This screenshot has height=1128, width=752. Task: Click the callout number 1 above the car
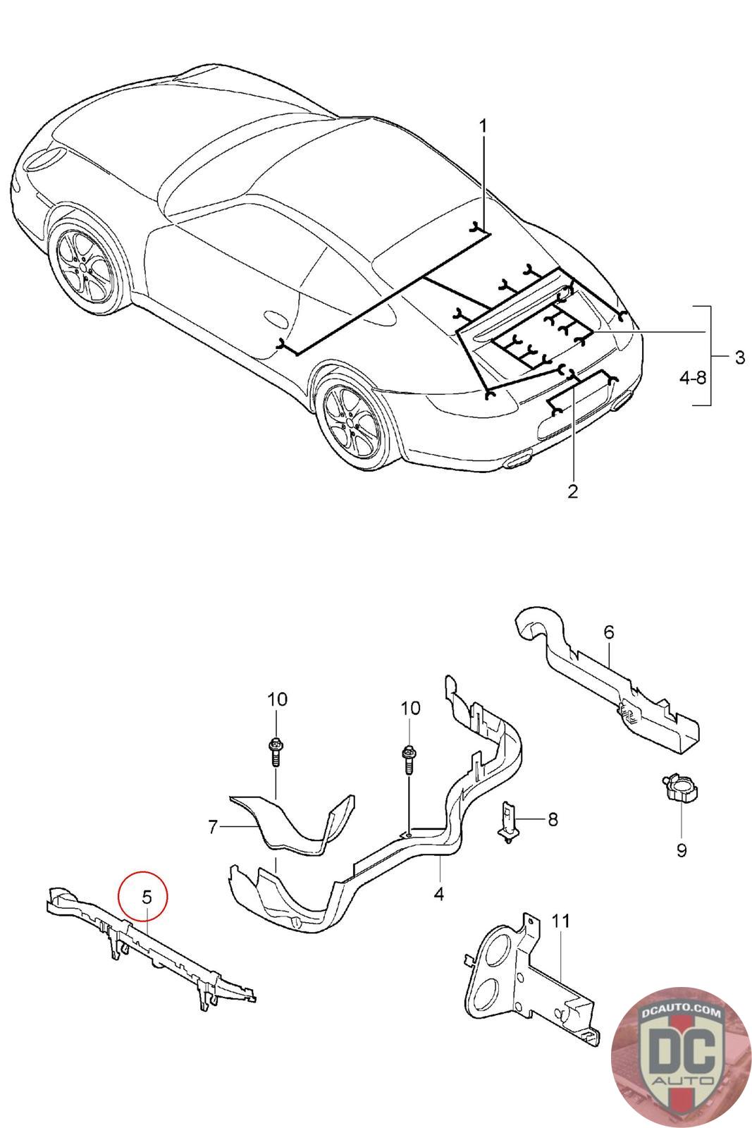(x=483, y=126)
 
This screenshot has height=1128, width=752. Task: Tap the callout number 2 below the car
(x=572, y=491)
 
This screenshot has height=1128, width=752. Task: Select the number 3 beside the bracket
(x=739, y=357)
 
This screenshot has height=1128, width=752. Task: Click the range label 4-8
(x=693, y=378)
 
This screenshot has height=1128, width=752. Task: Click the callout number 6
(x=609, y=632)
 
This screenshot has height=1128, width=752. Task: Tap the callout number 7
(x=213, y=827)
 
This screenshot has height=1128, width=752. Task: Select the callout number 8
(x=553, y=819)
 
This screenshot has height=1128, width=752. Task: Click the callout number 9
(x=681, y=850)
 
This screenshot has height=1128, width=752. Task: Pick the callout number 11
(x=561, y=921)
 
